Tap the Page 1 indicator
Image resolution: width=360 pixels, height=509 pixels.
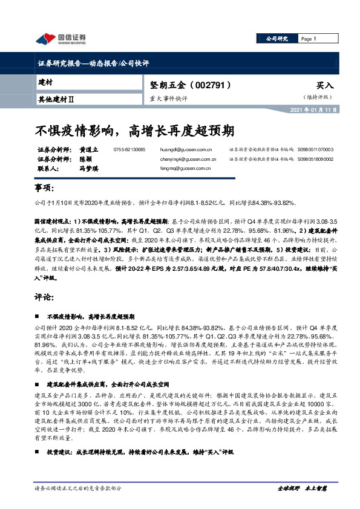(x=309, y=39)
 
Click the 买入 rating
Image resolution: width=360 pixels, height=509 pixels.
(x=324, y=86)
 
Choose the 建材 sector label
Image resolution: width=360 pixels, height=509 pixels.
(x=45, y=81)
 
